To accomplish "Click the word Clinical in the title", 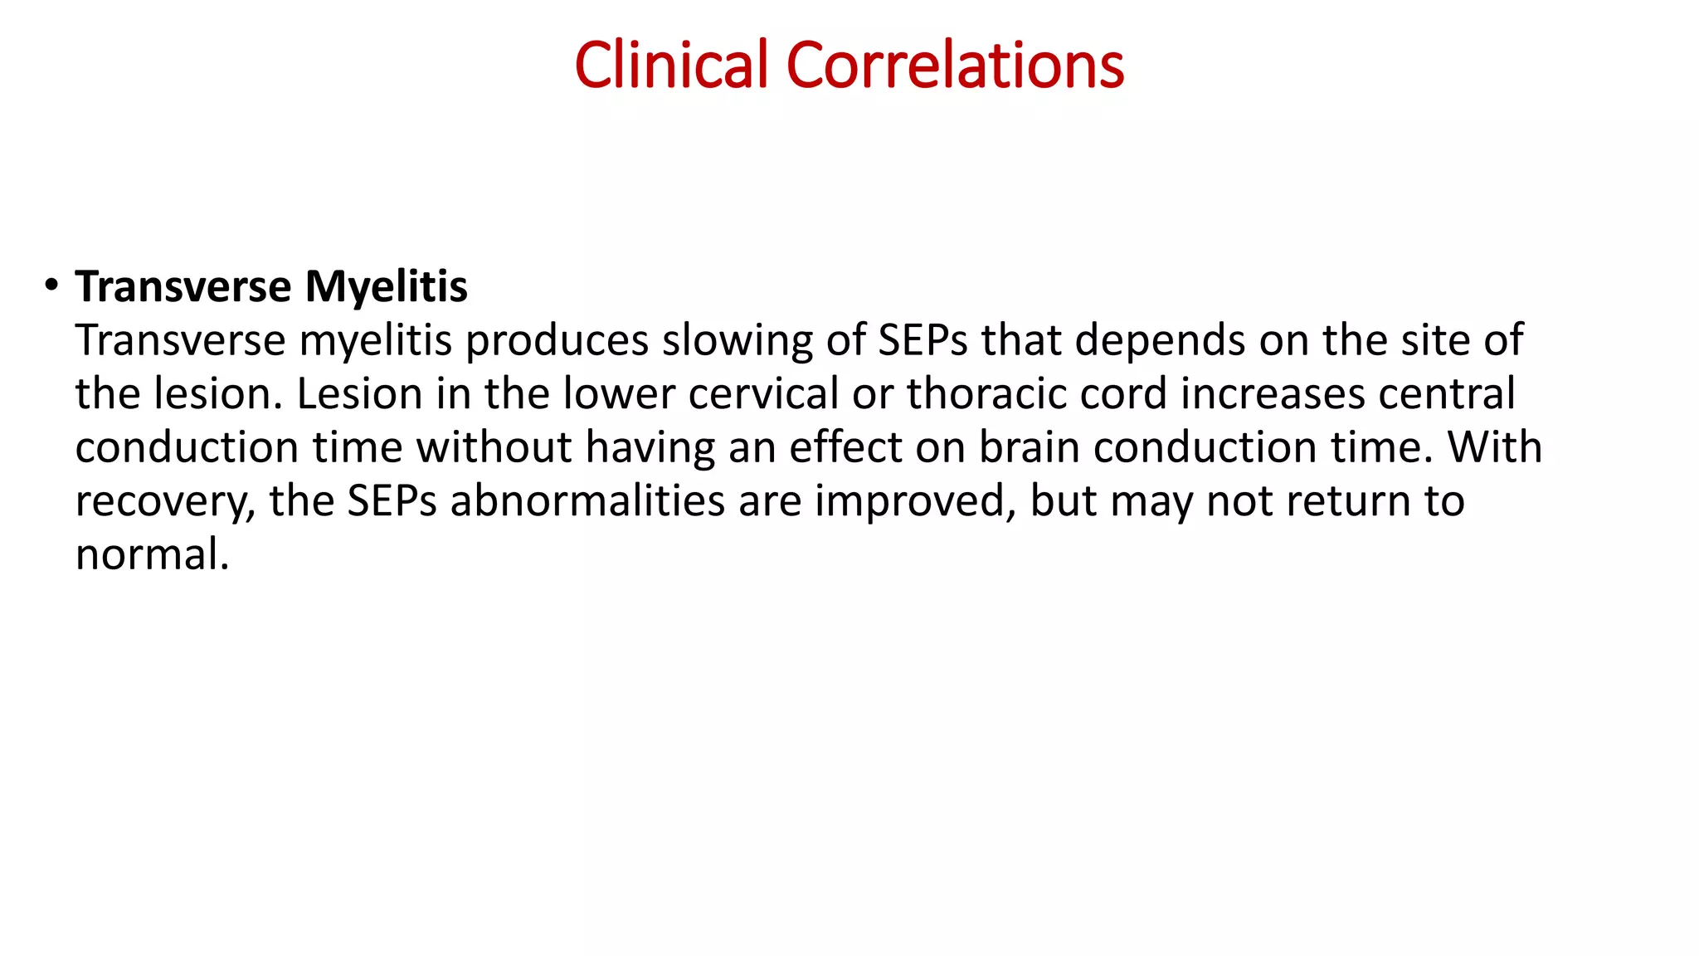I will click(671, 66).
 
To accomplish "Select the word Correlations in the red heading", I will click(955, 66).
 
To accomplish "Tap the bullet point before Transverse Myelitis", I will click(52, 285).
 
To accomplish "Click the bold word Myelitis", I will click(386, 287).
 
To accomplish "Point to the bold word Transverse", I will click(183, 287).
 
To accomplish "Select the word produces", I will click(557, 341).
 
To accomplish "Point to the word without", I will click(494, 448).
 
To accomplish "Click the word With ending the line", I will click(1494, 448).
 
